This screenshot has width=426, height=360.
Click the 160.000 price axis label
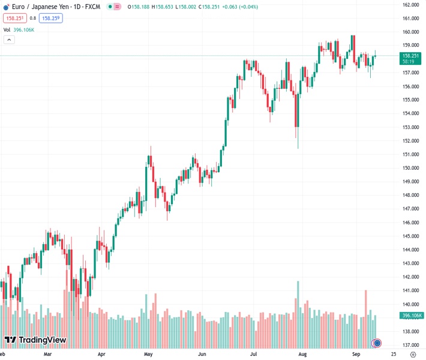click(410, 32)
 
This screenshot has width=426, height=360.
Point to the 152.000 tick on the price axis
click(410, 141)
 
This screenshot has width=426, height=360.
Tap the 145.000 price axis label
click(410, 236)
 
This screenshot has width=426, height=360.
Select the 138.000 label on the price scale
click(410, 332)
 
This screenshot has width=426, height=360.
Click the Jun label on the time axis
click(202, 355)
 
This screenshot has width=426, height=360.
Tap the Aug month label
click(303, 355)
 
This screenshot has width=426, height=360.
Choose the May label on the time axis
click(149, 355)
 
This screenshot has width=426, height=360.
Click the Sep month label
click(356, 355)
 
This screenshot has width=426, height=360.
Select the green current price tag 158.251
click(411, 56)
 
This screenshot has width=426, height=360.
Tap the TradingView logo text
click(42, 340)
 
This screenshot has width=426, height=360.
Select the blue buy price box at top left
click(51, 18)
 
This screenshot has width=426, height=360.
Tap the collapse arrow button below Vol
click(9, 40)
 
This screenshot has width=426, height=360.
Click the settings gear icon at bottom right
click(413, 355)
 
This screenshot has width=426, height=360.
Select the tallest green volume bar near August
click(297, 312)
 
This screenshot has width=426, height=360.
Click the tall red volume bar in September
click(365, 315)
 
